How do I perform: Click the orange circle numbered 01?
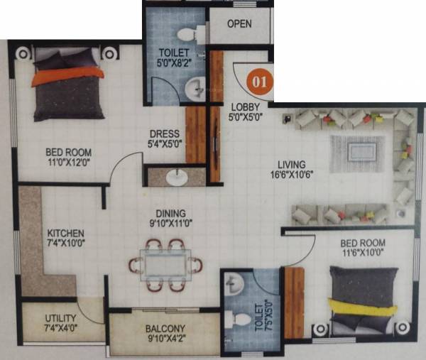(x=260, y=82)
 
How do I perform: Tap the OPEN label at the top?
(x=239, y=23)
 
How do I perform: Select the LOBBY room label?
(x=243, y=107)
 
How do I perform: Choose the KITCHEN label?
(x=66, y=233)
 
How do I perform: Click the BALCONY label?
(x=165, y=328)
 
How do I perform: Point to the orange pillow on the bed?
(x=68, y=72)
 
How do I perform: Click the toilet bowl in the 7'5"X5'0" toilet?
(x=231, y=320)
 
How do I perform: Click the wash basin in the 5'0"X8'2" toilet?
(x=194, y=89)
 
